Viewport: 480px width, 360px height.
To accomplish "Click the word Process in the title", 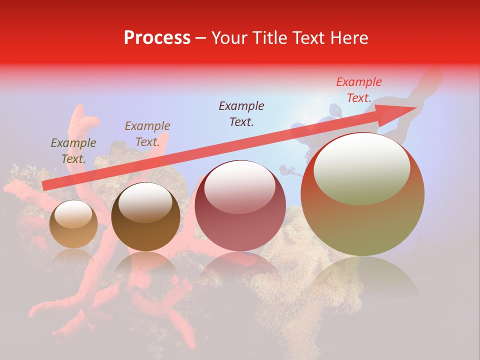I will point(157,38).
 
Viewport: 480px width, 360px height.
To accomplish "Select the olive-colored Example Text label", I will point(73,150).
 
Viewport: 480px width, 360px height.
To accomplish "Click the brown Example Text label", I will point(147,133).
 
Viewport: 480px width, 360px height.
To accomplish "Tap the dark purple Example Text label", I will point(241,113).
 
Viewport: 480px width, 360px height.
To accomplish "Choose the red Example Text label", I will point(358,89).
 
